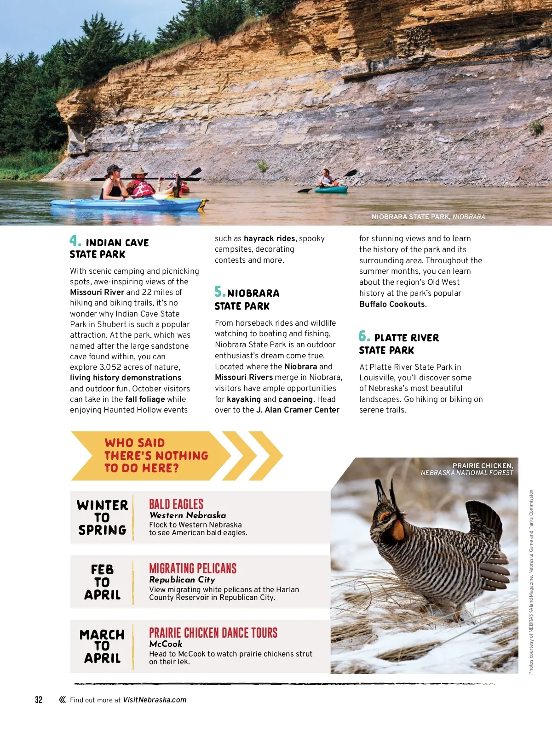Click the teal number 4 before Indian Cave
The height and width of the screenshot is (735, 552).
point(75,241)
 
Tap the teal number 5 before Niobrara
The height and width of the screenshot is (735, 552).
point(219,291)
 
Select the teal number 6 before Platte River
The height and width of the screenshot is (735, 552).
point(364,336)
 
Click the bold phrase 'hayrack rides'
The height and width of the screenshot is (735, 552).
point(269,238)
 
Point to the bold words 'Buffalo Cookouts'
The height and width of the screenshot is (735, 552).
point(392,304)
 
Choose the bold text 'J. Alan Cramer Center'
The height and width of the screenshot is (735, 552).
point(298,410)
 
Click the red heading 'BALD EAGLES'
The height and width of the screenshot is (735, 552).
point(176,504)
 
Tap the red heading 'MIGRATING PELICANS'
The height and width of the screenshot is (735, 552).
point(193,568)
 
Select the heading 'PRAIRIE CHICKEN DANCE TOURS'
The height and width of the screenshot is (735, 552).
point(213,633)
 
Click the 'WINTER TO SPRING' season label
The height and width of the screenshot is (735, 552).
point(102,517)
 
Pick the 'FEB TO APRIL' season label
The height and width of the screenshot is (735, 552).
point(102,582)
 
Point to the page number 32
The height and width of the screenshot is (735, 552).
point(39,700)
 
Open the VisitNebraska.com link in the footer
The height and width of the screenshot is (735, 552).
point(155,700)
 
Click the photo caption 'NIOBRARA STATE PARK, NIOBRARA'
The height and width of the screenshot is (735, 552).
point(428,217)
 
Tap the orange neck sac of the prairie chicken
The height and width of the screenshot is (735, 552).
point(397,530)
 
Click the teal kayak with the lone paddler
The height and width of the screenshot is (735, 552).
point(331,189)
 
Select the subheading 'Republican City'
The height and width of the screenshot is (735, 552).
point(182,580)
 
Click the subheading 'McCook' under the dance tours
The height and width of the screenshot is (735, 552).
point(166,644)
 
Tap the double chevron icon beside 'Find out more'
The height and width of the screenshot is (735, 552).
point(62,700)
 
